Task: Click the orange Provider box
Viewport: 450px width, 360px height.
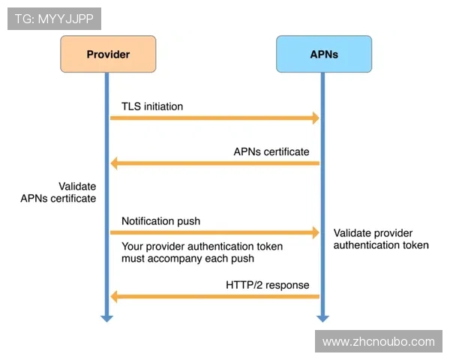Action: coord(108,54)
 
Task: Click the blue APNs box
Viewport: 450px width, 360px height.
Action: coord(323,54)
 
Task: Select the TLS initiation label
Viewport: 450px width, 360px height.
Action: coord(152,106)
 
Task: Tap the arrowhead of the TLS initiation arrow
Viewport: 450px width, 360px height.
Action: coord(315,118)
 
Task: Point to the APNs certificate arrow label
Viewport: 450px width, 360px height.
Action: coord(271,151)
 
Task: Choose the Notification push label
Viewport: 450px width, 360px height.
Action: coord(160,221)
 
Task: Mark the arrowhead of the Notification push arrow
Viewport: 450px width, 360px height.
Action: coord(315,232)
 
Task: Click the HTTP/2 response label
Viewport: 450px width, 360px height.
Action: coord(267,285)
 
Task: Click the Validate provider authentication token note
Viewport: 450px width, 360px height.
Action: coord(381,239)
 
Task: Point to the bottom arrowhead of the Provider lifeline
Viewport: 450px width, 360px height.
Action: coord(106,318)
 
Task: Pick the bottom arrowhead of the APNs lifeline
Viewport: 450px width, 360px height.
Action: coord(322,318)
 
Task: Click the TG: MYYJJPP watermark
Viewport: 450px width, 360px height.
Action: coord(54,19)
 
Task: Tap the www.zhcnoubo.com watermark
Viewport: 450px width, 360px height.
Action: coord(378,342)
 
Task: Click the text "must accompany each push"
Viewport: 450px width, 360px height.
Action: coord(187,259)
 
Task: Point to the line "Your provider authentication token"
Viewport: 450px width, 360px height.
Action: coord(202,246)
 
